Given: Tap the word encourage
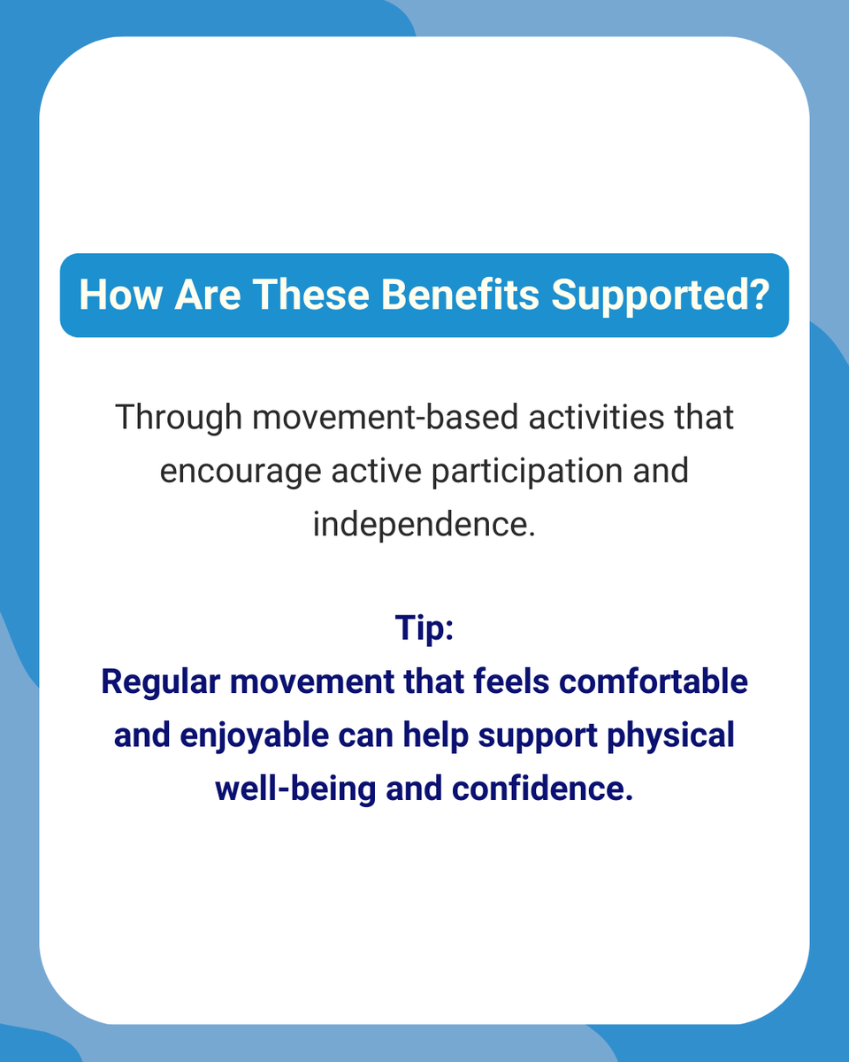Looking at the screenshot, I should tap(241, 470).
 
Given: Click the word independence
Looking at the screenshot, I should tap(424, 523).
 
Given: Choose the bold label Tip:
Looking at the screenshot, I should tap(424, 629).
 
